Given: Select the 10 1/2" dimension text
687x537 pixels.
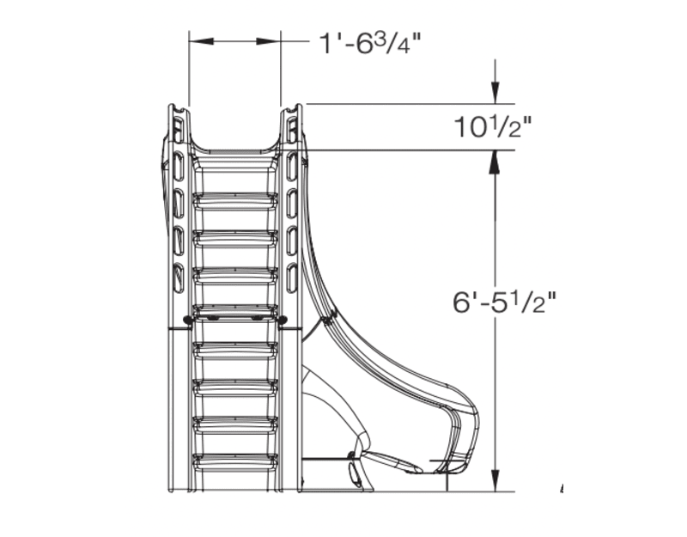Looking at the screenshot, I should click(x=493, y=127).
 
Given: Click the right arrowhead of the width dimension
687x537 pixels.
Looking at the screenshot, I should click(x=275, y=41).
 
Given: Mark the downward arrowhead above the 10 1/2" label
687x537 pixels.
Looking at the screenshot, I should click(x=495, y=95).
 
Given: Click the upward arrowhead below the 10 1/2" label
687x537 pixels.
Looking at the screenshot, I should click(x=495, y=159).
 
